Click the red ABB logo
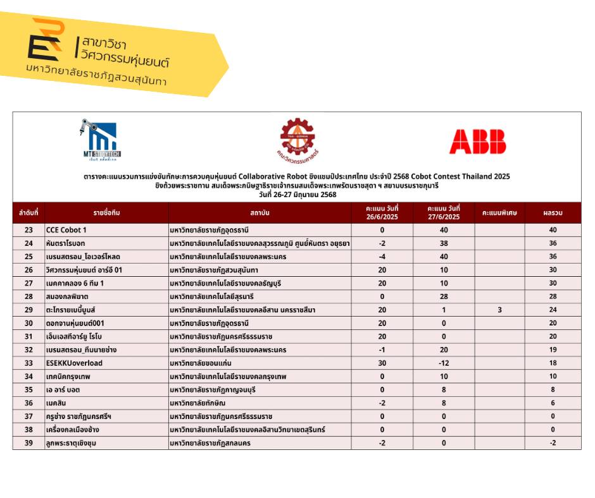tap(477, 142)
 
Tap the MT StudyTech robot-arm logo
tap(101, 140)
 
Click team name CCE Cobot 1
tap(66, 230)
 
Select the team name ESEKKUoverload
tap(74, 363)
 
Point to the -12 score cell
tap(444, 363)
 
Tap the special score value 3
tap(499, 310)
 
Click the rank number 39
tap(28, 443)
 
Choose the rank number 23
tap(28, 230)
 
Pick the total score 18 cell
tap(553, 363)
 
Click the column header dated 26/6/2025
tap(382, 213)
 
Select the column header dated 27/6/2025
tap(444, 213)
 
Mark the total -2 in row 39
tap(553, 443)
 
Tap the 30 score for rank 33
tap(382, 363)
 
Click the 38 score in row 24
tap(444, 243)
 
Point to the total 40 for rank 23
tap(553, 230)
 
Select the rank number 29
tap(28, 310)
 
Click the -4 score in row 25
tap(382, 257)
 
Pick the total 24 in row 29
tap(553, 310)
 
